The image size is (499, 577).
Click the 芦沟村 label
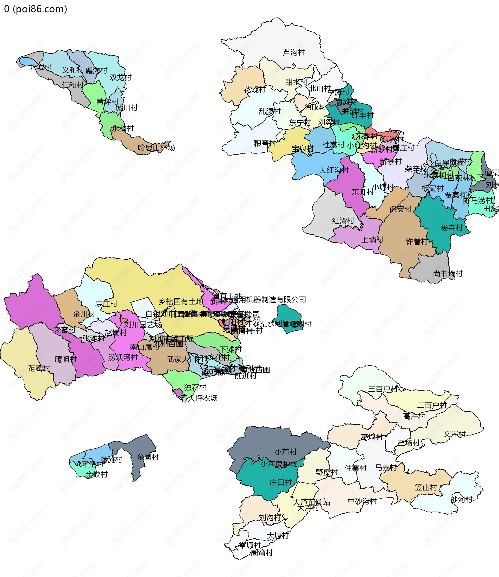[294, 52]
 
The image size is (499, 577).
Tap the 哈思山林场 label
[156, 147]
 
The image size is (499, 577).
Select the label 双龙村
[120, 77]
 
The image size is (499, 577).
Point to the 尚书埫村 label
[448, 274]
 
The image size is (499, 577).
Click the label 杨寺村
[451, 228]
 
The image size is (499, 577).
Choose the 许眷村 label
[417, 241]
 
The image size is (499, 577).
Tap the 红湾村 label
[343, 221]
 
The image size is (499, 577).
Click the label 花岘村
[255, 90]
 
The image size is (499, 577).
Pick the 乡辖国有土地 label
[181, 301]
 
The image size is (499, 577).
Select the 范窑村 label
[39, 368]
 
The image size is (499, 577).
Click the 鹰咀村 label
[65, 359]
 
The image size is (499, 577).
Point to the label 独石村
[195, 387]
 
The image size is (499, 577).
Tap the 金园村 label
[147, 457]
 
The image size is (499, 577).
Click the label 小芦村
[285, 452]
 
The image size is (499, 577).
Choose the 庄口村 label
[280, 482]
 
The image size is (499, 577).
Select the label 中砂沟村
[362, 501]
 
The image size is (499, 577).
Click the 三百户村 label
[383, 389]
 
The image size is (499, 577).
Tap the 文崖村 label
[454, 434]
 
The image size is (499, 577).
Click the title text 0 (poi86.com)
[36, 9]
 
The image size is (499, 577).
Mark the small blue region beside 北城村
[27, 62]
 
